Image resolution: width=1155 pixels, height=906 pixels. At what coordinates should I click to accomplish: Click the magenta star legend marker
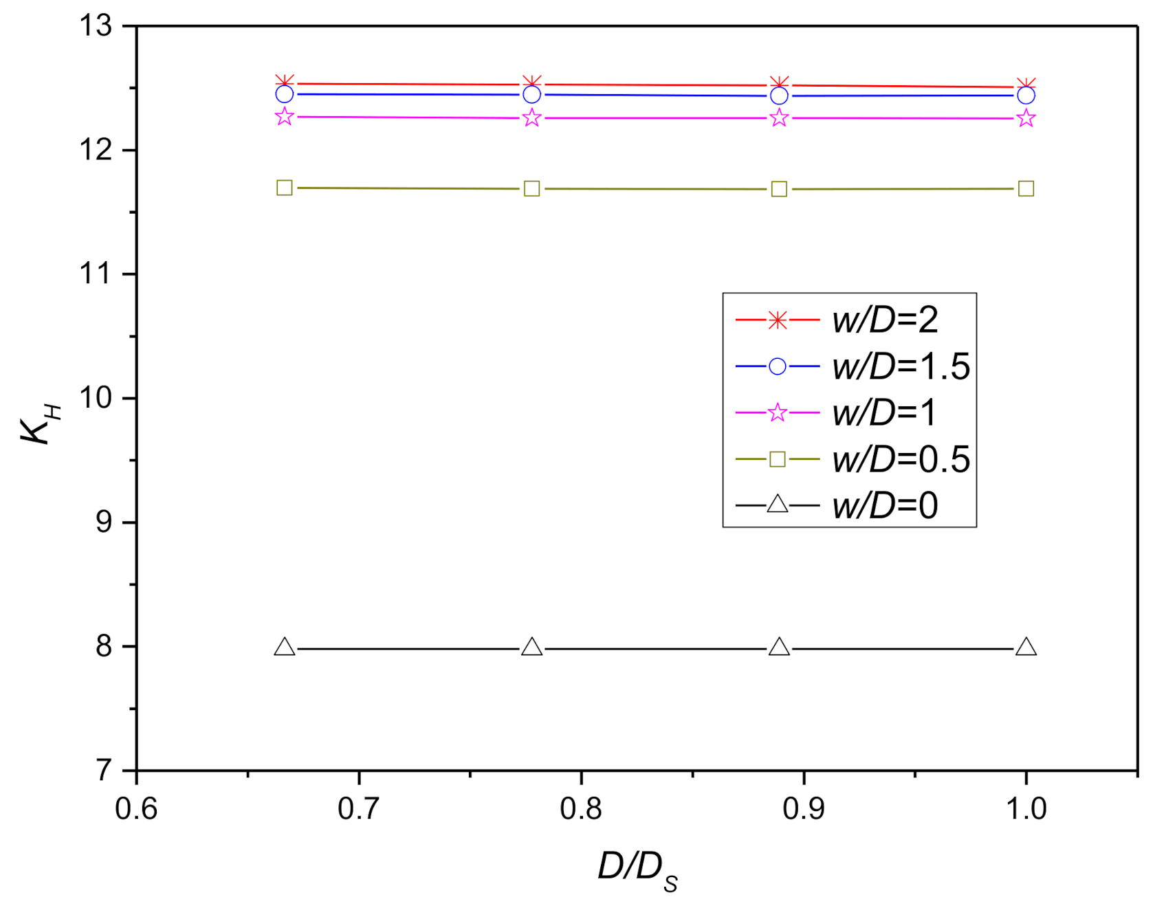coord(778,412)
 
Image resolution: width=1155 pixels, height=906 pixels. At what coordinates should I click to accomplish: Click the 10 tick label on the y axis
coord(96,398)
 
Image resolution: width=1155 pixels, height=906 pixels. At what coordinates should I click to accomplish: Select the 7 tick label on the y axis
coord(104,771)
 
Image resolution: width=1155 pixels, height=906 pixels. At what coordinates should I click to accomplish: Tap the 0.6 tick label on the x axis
coord(136,809)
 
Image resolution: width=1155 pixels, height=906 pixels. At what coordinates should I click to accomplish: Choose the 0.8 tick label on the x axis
coord(581,809)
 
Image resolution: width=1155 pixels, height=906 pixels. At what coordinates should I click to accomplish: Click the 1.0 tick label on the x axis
coord(1026,809)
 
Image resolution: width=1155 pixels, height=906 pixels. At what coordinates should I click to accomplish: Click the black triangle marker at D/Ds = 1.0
coord(1026,648)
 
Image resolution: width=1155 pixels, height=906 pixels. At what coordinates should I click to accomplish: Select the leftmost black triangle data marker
coord(285,648)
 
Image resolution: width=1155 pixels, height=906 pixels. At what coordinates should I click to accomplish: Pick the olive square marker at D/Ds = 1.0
coord(1026,188)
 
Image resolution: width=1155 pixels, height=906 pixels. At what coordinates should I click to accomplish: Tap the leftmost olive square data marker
coord(285,188)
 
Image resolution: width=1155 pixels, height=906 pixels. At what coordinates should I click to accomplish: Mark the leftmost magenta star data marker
coord(285,117)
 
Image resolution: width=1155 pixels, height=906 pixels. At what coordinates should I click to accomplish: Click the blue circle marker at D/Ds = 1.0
coord(1026,95)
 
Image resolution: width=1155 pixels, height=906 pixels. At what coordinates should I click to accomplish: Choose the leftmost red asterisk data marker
coord(285,82)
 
